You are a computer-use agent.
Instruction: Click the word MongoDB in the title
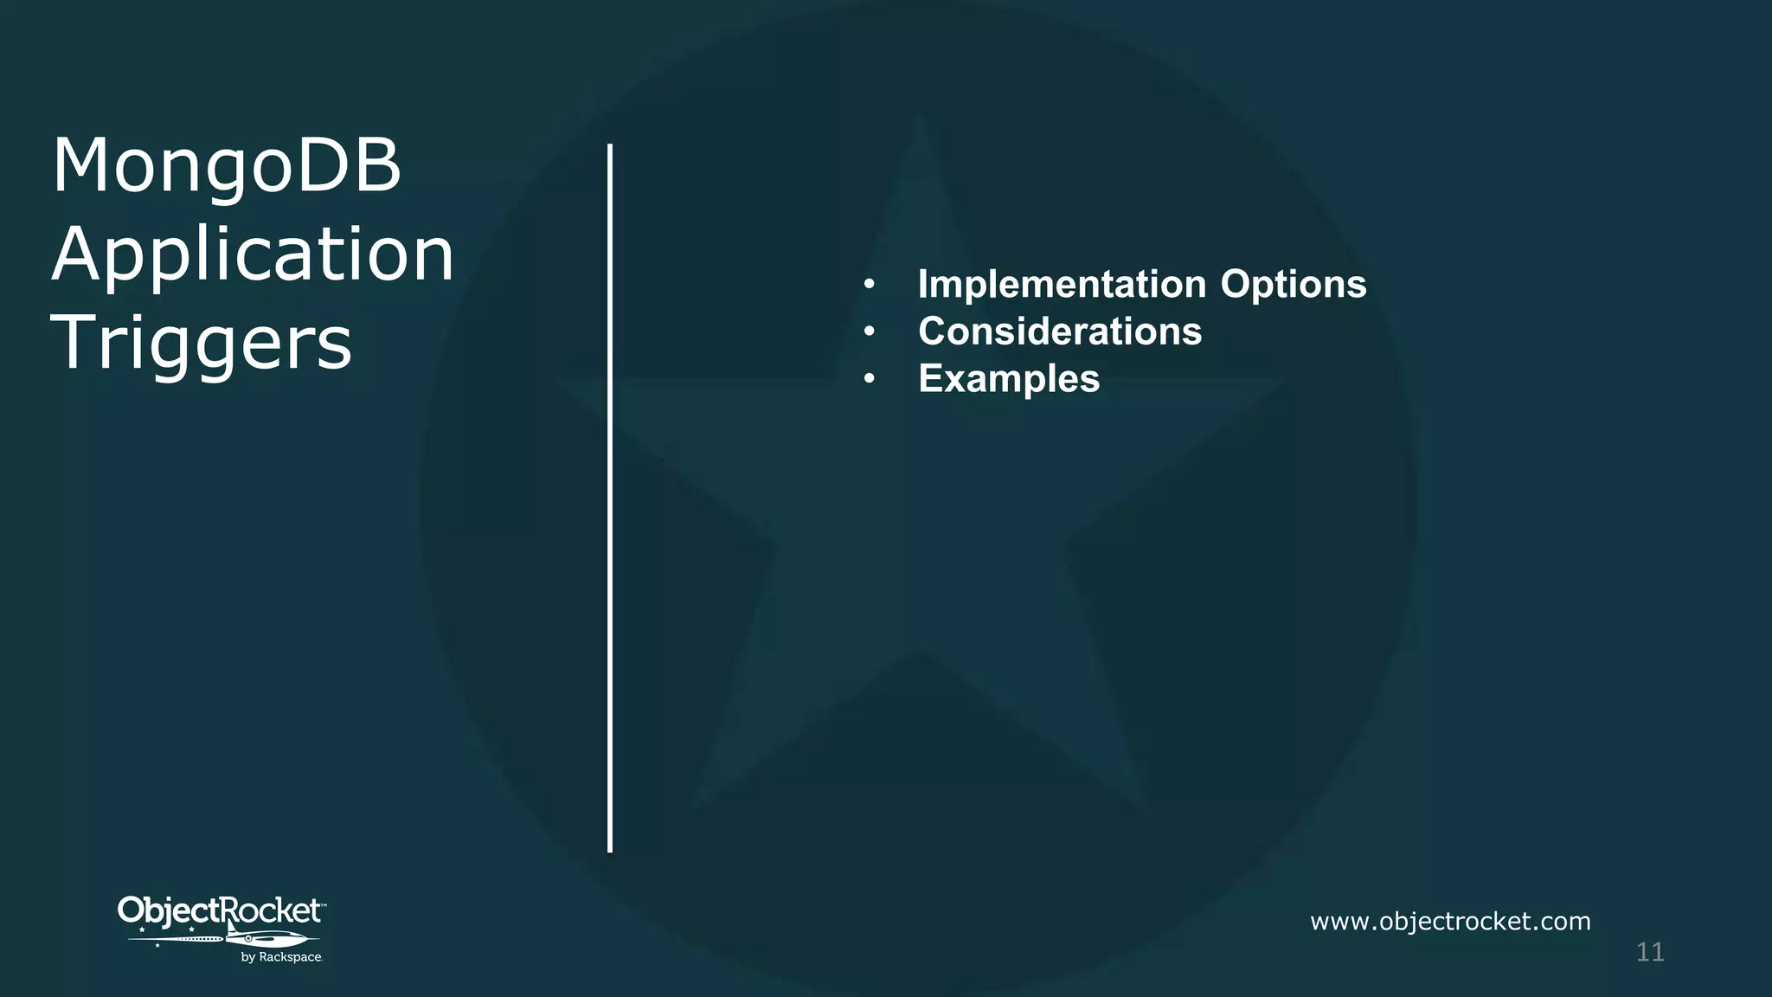pyautogui.click(x=227, y=166)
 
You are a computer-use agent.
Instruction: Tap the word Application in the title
pyautogui.click(x=253, y=255)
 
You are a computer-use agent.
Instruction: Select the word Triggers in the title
pyautogui.click(x=202, y=344)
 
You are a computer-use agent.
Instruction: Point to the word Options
pyautogui.click(x=1293, y=284)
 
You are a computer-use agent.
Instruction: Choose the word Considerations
pyautogui.click(x=1060, y=331)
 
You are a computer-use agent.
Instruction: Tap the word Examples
pyautogui.click(x=1009, y=379)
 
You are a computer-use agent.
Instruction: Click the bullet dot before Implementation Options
pyautogui.click(x=870, y=285)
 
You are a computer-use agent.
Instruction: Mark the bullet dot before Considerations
pyautogui.click(x=870, y=331)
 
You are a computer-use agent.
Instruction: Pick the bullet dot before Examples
pyautogui.click(x=870, y=379)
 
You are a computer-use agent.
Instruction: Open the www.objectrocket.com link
pyautogui.click(x=1450, y=921)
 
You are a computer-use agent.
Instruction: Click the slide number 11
pyautogui.click(x=1650, y=952)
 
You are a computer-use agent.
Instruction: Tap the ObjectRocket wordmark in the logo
pyautogui.click(x=221, y=910)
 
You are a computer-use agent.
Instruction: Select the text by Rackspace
pyautogui.click(x=281, y=957)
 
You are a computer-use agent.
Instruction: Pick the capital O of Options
pyautogui.click(x=1236, y=284)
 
